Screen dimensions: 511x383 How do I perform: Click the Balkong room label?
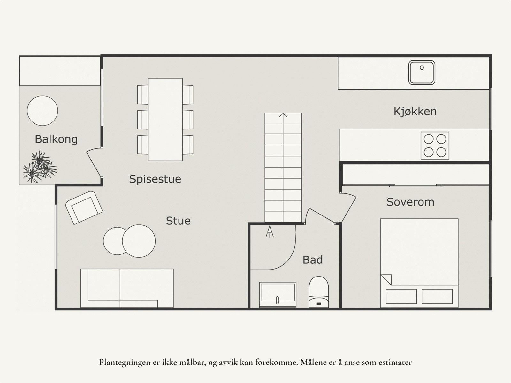[56, 139]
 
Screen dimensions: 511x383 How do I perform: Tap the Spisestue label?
[155, 179]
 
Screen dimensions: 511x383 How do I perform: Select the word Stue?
[178, 221]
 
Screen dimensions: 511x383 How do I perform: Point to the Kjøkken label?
[415, 112]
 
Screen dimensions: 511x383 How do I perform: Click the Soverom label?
[410, 202]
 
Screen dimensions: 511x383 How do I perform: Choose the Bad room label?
[313, 260]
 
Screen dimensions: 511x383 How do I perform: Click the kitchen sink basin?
[422, 73]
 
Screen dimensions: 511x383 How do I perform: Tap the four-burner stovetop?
[435, 145]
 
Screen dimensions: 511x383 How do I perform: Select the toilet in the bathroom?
[319, 292]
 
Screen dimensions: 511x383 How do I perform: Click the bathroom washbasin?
[278, 295]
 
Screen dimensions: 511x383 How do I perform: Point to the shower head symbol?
[270, 231]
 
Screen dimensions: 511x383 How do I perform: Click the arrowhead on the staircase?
[283, 115]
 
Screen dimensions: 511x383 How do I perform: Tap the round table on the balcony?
[42, 111]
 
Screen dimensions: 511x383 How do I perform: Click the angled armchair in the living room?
[84, 208]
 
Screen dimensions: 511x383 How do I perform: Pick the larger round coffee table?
[139, 241]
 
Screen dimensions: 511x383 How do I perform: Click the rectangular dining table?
[165, 120]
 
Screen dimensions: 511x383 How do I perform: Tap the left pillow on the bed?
[401, 296]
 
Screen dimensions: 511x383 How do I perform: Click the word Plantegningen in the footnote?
[125, 363]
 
